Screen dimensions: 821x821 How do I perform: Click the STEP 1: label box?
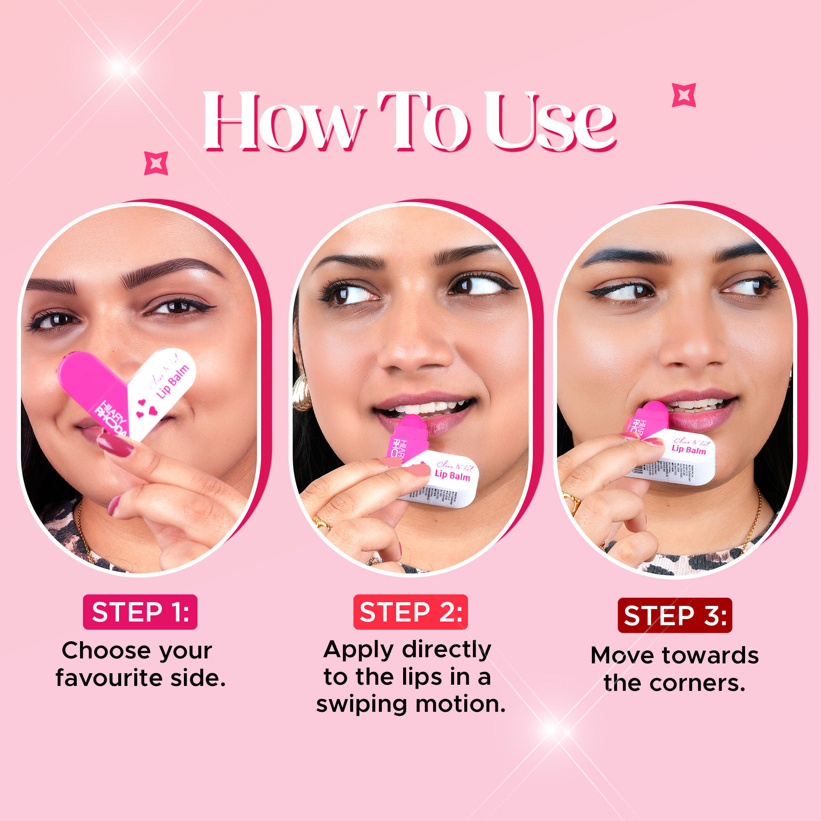140,612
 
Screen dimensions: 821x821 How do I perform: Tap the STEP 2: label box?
410,612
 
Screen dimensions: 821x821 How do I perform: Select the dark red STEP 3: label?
675,615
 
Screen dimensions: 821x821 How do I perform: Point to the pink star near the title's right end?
684,95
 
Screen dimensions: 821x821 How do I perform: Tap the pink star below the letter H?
156,163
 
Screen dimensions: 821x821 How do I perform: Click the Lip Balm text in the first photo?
172,382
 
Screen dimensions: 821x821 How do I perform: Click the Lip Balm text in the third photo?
688,449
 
